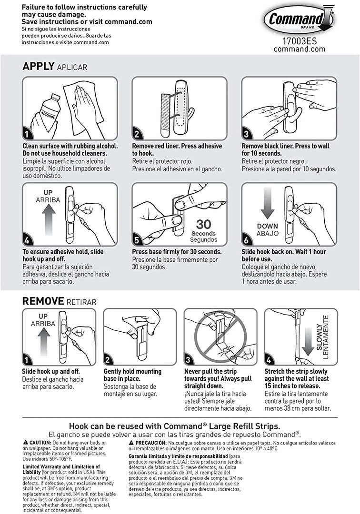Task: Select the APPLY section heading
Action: [38, 67]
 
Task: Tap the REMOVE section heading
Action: [43, 301]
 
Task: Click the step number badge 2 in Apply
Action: [137, 134]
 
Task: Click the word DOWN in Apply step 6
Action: [267, 227]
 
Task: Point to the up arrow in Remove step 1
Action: [43, 340]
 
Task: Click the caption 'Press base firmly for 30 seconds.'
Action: [176, 252]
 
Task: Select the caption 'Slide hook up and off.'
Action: [51, 371]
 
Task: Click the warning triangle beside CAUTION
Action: [25, 443]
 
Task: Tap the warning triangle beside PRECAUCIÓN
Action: [131, 443]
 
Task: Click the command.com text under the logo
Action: [300, 49]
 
